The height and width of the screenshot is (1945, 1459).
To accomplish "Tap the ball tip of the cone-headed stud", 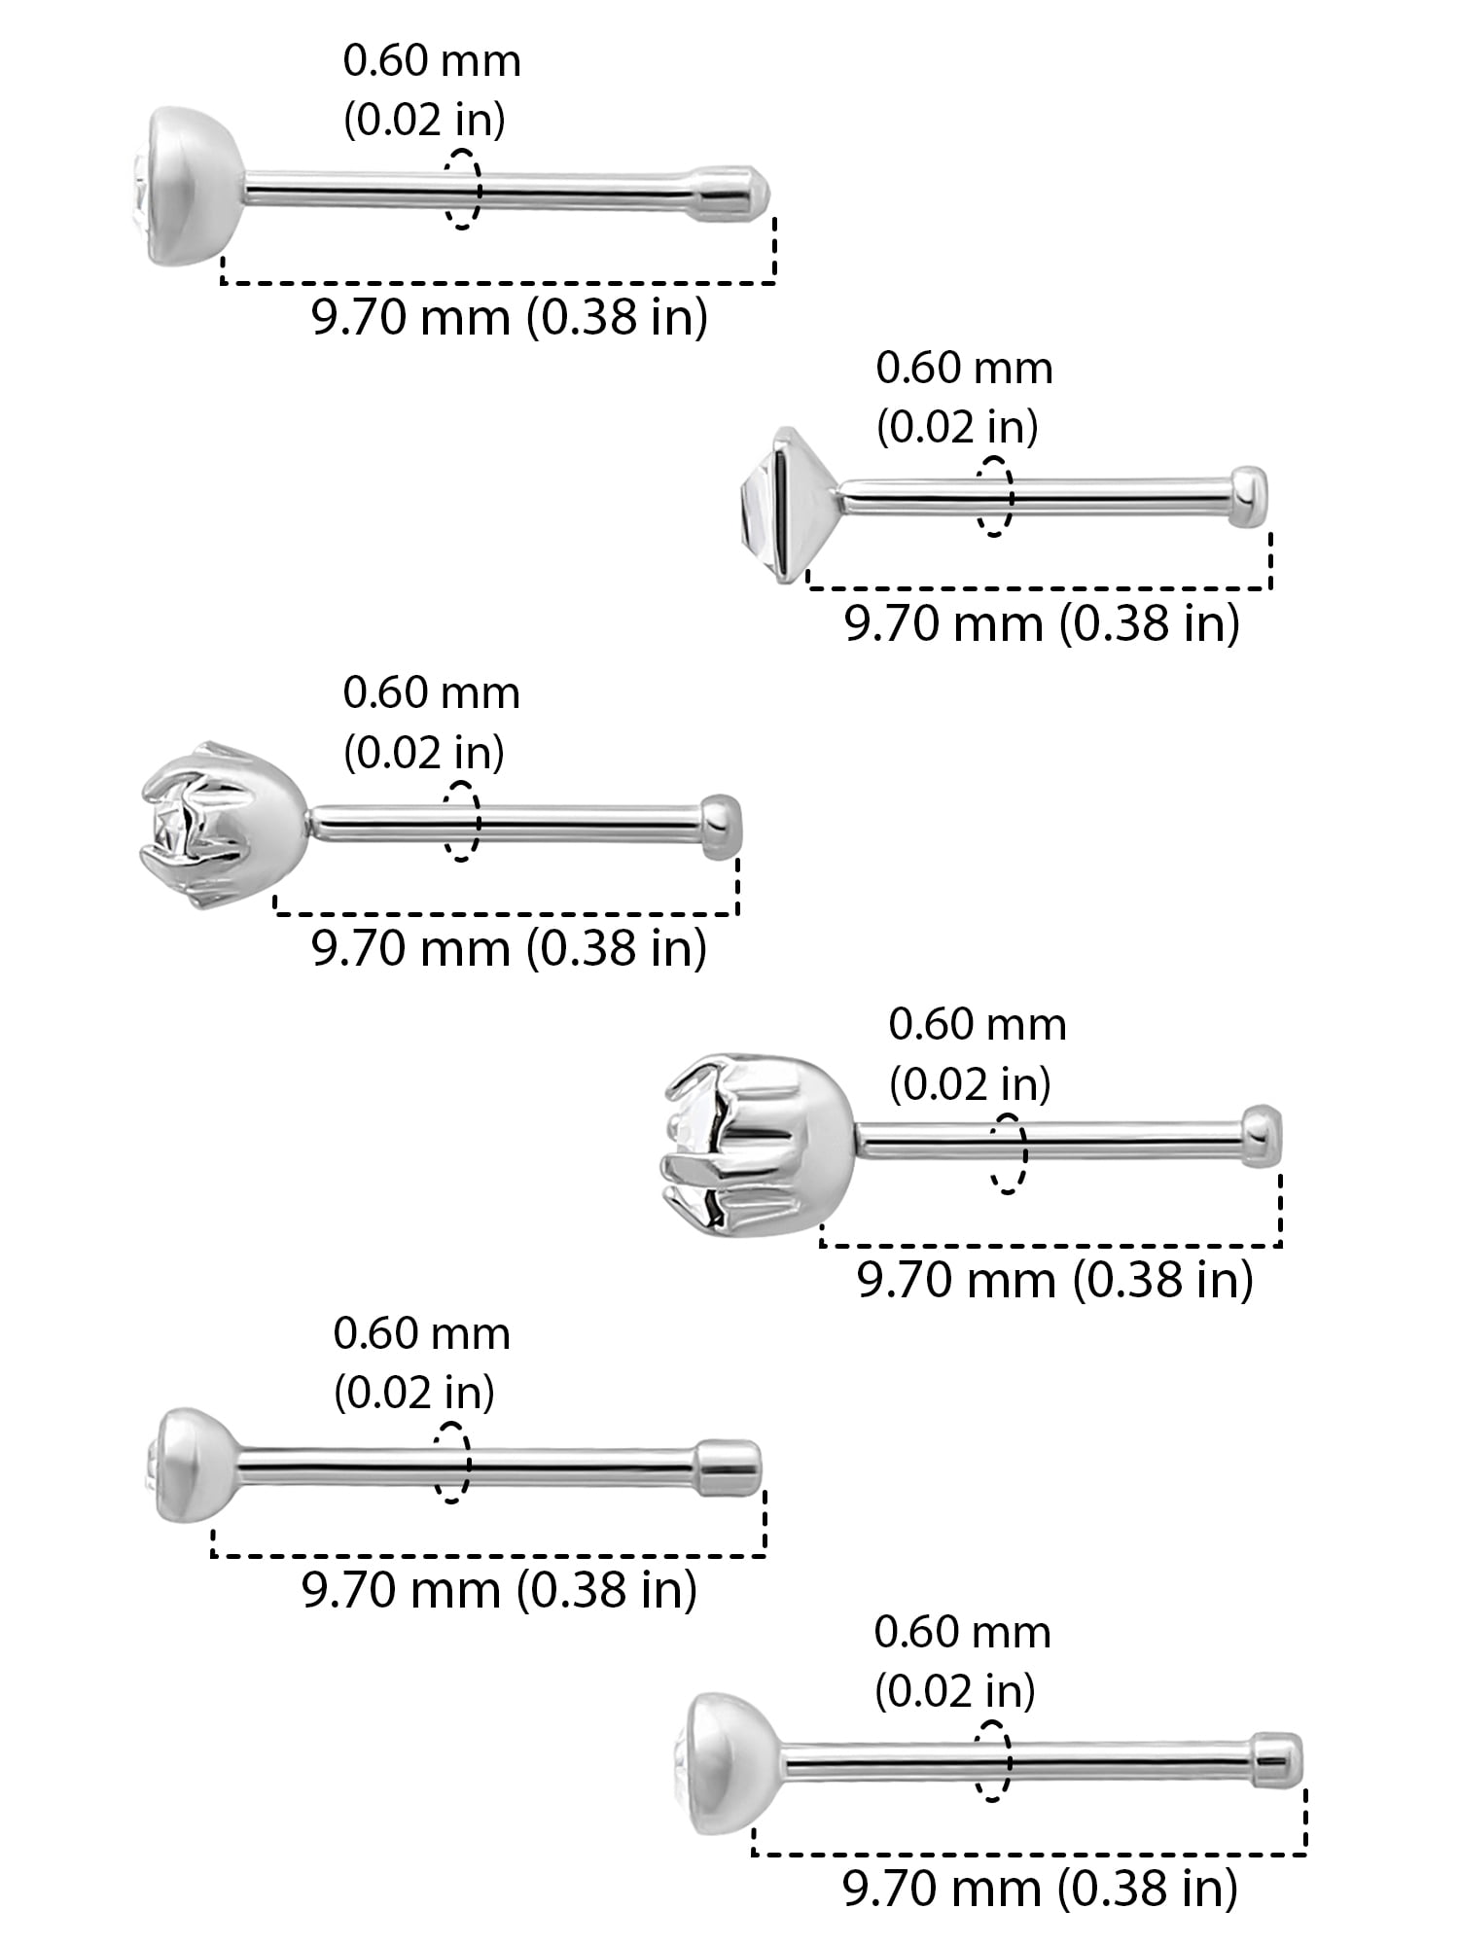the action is click(x=1249, y=497).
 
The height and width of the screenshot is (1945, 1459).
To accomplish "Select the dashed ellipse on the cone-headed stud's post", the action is click(x=994, y=496).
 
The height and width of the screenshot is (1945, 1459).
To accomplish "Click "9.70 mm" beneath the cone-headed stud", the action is click(x=943, y=623).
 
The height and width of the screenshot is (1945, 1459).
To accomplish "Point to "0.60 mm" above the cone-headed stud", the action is click(x=964, y=369).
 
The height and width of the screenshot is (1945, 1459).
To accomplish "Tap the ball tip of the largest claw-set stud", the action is click(x=1261, y=1134).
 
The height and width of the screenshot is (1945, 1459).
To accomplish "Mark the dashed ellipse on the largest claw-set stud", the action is click(x=1008, y=1153).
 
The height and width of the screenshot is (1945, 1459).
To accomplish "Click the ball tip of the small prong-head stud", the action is click(x=721, y=826).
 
